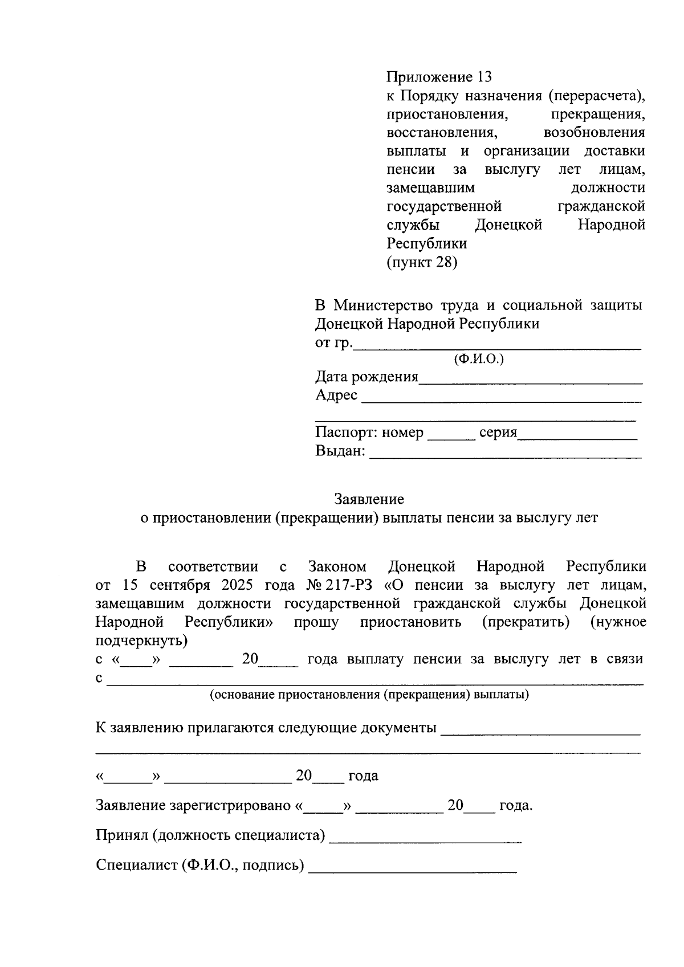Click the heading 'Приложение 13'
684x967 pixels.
point(438,76)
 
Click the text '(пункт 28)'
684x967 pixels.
point(422,262)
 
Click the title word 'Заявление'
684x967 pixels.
point(369,499)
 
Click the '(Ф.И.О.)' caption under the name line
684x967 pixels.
point(478,359)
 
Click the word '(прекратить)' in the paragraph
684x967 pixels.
point(526,622)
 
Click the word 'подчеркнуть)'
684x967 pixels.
point(141,640)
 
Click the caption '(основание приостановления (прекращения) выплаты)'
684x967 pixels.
point(369,695)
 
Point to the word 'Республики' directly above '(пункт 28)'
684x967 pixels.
point(426,243)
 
